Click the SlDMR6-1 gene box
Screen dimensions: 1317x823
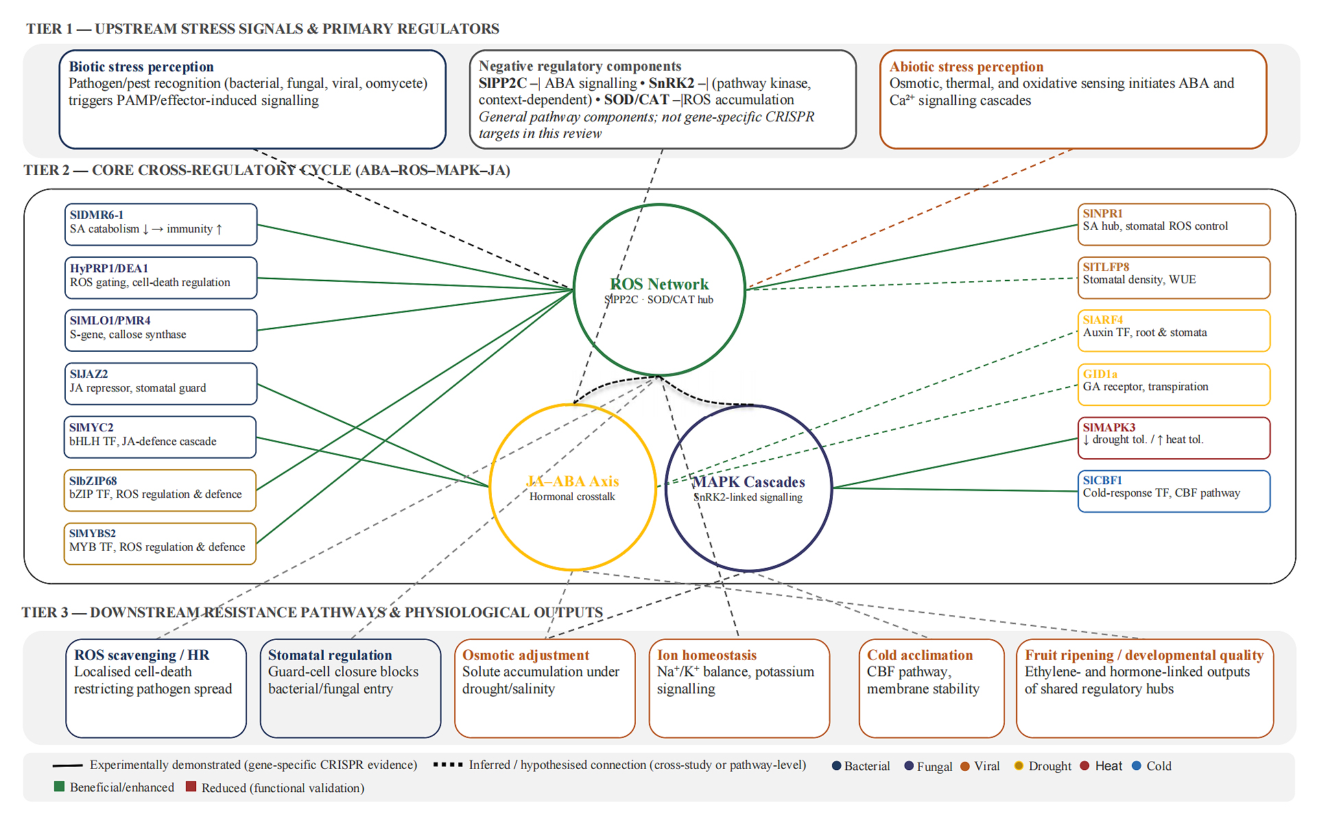tap(161, 224)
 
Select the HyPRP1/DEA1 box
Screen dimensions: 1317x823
tap(161, 278)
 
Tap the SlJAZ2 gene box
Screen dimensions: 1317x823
tap(161, 383)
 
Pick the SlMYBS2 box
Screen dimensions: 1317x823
tap(160, 544)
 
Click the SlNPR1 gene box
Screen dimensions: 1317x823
tap(1174, 224)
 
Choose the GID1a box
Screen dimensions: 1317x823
tap(1174, 385)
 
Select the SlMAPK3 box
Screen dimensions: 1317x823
tap(1174, 438)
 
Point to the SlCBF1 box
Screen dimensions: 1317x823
tap(1174, 491)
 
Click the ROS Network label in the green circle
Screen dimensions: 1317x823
tap(659, 284)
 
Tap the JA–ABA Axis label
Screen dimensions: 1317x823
tap(573, 481)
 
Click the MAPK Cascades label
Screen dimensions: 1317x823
tap(748, 482)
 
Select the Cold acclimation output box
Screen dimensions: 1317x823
tap(932, 689)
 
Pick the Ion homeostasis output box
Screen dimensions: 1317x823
tap(739, 689)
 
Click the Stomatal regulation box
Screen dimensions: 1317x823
tap(351, 689)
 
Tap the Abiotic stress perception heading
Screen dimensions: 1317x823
tap(966, 67)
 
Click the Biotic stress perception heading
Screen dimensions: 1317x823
tap(141, 67)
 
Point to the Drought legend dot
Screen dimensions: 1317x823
tap(1019, 765)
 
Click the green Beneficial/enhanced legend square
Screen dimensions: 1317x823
tap(59, 787)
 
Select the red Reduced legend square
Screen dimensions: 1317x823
tap(191, 787)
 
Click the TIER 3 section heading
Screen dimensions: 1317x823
tap(312, 612)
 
